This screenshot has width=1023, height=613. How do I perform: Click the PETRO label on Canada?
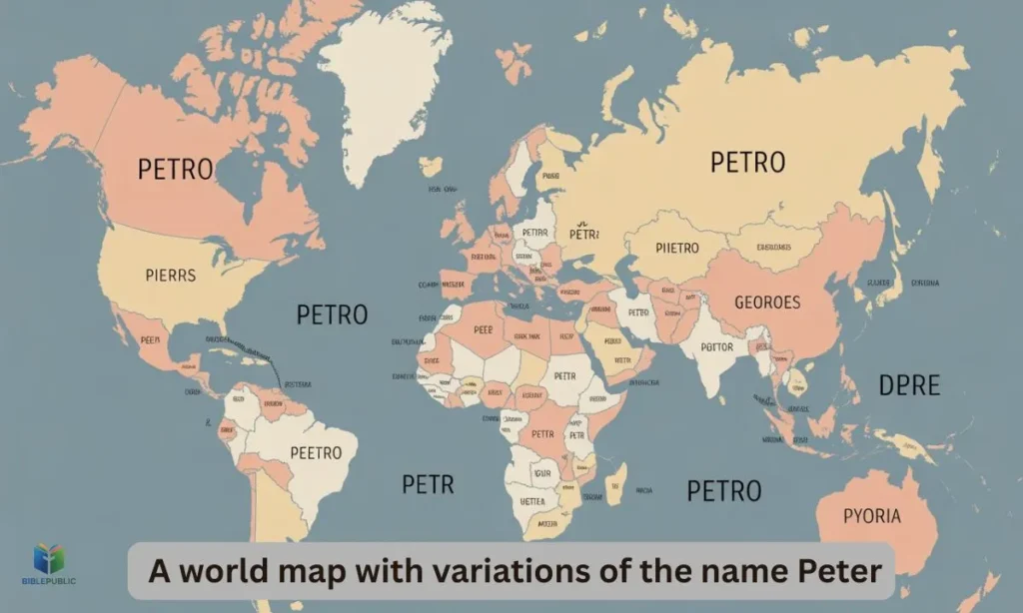point(176,169)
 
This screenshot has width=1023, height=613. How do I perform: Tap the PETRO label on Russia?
point(747,162)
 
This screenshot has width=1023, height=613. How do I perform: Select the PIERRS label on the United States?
point(170,275)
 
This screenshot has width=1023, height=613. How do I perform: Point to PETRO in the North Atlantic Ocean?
point(332,314)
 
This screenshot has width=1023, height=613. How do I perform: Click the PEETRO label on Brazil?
point(316,452)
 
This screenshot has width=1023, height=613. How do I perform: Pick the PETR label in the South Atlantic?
point(428,485)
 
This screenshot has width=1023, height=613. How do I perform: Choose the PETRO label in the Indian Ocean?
point(724,490)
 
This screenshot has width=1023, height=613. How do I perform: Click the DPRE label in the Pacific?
point(909,384)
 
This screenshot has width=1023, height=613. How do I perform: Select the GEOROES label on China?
point(767,302)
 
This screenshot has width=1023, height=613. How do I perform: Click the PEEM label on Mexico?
point(150,339)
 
